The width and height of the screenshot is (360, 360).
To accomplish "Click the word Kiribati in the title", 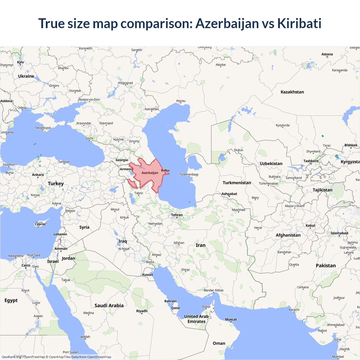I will click(299, 23).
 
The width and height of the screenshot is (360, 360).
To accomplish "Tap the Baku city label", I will click(165, 170).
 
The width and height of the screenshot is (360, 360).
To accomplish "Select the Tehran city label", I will click(177, 215).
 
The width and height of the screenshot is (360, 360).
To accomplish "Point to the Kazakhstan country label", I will click(292, 92).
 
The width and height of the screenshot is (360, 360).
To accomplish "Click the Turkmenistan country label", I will click(237, 183).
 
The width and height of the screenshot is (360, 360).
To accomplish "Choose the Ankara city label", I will click(38, 175).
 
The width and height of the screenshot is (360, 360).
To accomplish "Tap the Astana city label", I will click(327, 54).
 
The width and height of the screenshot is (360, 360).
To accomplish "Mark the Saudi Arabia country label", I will click(109, 305).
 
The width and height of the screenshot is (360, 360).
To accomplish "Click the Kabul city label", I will click(310, 226).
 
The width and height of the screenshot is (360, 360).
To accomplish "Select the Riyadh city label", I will click(142, 311).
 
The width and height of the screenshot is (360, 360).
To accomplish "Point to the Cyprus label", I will click(40, 224).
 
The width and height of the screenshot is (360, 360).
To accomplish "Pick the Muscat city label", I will click(231, 319).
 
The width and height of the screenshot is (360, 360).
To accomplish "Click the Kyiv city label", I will click(21, 62).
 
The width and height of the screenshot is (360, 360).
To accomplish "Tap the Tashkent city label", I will click(311, 161).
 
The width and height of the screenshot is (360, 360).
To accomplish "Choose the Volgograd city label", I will click(125, 83).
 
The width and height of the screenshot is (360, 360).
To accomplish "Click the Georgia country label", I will click(122, 160).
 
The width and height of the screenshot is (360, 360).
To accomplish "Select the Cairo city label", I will click(26, 265).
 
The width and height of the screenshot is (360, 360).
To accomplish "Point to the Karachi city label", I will click(294, 310).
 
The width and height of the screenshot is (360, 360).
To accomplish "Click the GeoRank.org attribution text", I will click(11, 357).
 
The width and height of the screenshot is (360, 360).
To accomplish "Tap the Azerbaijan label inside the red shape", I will click(150, 173).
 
